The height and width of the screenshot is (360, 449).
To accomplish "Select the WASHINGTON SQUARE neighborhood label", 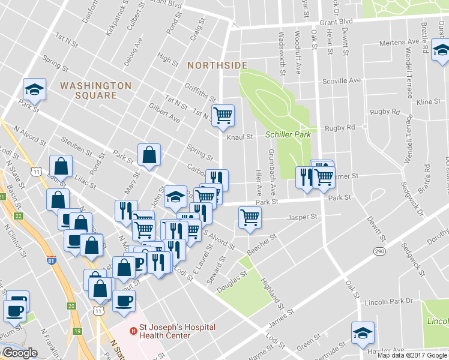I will (95, 91).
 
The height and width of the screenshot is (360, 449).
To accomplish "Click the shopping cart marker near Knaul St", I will (223, 115).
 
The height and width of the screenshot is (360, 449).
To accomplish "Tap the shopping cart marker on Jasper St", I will (249, 217).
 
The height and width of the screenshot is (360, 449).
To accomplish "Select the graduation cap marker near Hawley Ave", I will (363, 333).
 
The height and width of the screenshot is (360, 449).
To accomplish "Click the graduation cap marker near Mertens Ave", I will (441, 49).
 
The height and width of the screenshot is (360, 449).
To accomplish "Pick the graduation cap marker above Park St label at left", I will (34, 89).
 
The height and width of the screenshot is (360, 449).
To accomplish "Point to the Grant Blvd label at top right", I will (336, 21).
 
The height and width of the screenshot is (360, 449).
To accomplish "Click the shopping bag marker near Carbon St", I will (148, 155).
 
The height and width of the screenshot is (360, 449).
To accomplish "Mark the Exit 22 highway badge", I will (19, 215).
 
